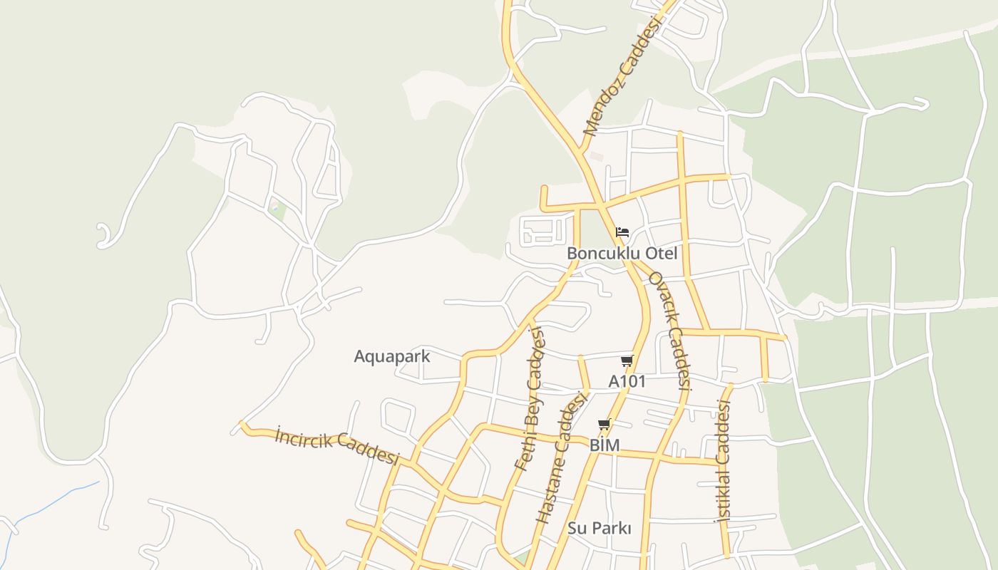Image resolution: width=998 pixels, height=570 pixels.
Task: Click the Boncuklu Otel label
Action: click(x=622, y=254)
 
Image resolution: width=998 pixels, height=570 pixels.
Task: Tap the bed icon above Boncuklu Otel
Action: click(x=622, y=232)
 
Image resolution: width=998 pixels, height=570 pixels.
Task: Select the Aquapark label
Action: click(x=392, y=356)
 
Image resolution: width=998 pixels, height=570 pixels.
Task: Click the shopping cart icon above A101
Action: click(x=627, y=361)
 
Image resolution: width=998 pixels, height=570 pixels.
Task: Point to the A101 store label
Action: click(x=627, y=382)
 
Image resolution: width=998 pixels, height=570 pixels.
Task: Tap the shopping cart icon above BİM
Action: click(x=605, y=425)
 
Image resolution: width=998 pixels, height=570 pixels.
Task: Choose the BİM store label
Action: click(x=605, y=445)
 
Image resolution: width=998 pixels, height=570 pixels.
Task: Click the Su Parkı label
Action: click(x=600, y=529)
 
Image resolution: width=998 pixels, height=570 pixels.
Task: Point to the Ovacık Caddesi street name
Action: click(x=671, y=331)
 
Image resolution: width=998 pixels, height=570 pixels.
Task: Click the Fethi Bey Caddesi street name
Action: click(x=530, y=399)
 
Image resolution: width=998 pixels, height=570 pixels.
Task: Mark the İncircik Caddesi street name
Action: click(x=337, y=446)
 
